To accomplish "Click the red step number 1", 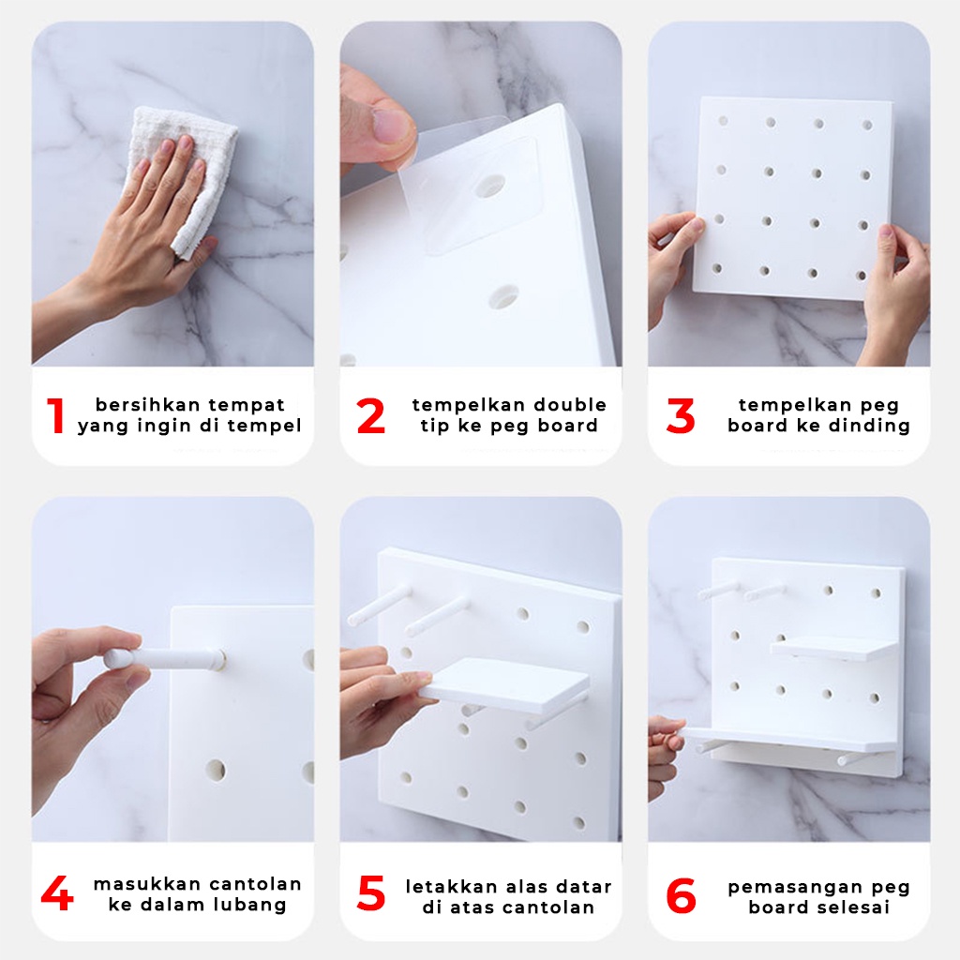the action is tap(55, 415).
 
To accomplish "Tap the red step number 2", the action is tap(370, 415).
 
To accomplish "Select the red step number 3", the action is tap(681, 415).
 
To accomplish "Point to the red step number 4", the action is tap(57, 893).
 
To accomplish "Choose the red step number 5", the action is tap(371, 893).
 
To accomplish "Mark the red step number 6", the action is tap(681, 895).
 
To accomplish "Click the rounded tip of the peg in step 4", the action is tap(113, 660).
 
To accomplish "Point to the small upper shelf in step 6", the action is tap(832, 649).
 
